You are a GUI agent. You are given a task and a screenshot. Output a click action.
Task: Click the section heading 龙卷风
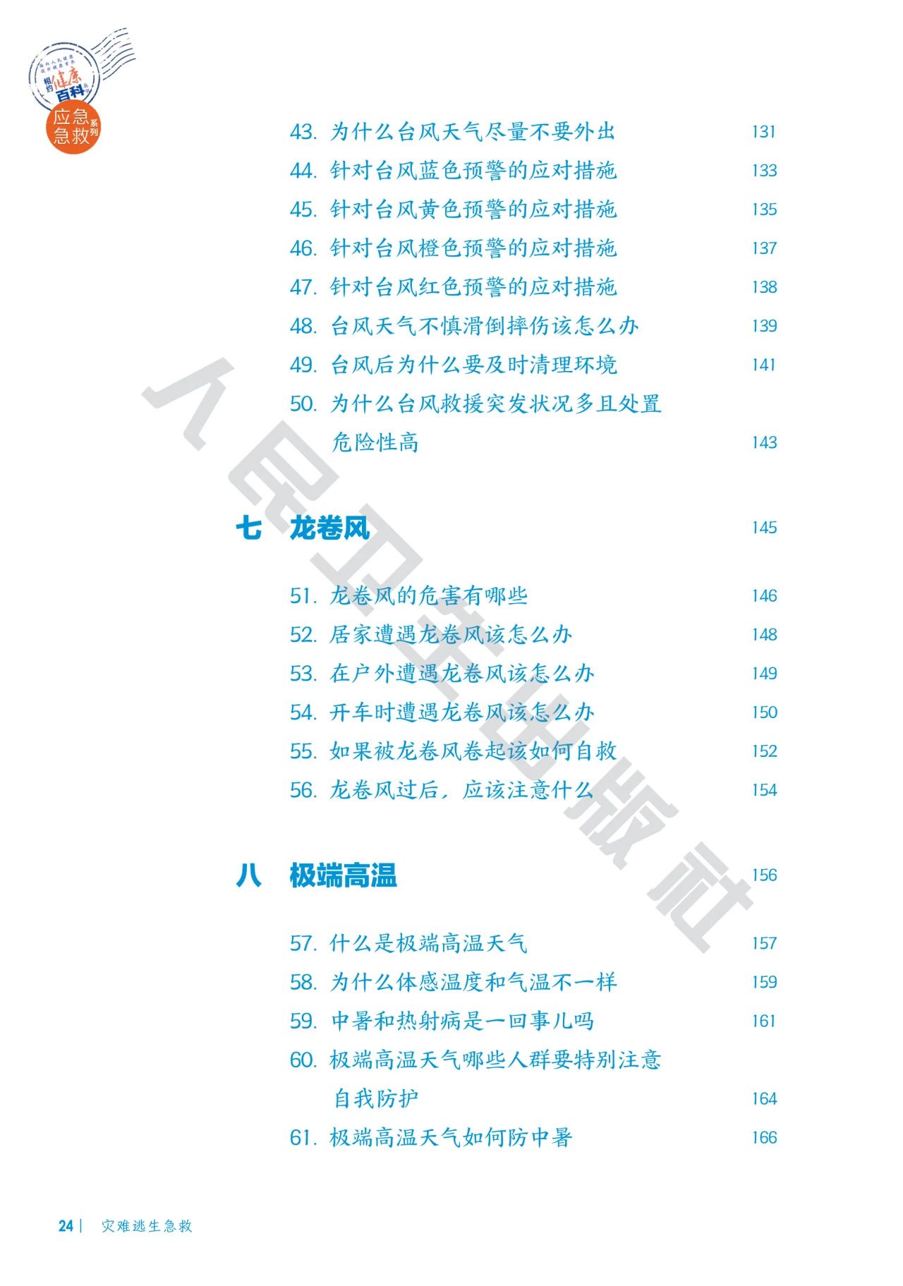click(329, 528)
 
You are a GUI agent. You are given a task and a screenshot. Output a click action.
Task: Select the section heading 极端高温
click(343, 875)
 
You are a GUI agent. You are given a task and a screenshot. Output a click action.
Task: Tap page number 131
click(763, 132)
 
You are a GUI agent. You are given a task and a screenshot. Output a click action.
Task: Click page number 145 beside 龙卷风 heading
click(763, 528)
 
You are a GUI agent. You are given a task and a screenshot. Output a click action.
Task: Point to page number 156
click(763, 875)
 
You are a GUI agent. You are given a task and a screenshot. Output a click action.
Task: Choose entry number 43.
click(303, 132)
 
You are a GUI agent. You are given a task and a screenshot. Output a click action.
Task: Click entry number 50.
click(303, 404)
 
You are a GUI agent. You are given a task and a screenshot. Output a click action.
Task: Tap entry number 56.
click(303, 790)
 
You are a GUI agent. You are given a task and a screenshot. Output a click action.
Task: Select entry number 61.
click(303, 1137)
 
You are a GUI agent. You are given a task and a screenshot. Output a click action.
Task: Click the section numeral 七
click(248, 528)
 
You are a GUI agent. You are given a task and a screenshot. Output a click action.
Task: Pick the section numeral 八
click(248, 875)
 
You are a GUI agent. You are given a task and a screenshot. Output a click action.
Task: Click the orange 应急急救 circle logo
click(73, 128)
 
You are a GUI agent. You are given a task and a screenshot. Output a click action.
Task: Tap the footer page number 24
click(66, 1226)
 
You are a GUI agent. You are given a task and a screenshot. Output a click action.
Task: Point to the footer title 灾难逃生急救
click(147, 1226)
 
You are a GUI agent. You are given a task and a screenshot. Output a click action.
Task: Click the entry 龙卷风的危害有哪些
click(428, 596)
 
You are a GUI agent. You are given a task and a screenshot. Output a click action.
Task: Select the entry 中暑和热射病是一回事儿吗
click(462, 1021)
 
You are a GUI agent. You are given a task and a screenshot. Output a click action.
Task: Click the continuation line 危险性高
click(375, 443)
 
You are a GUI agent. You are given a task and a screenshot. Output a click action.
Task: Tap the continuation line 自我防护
click(375, 1098)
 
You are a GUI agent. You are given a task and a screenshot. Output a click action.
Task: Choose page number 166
click(763, 1137)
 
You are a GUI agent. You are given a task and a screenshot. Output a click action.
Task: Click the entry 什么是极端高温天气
click(428, 943)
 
